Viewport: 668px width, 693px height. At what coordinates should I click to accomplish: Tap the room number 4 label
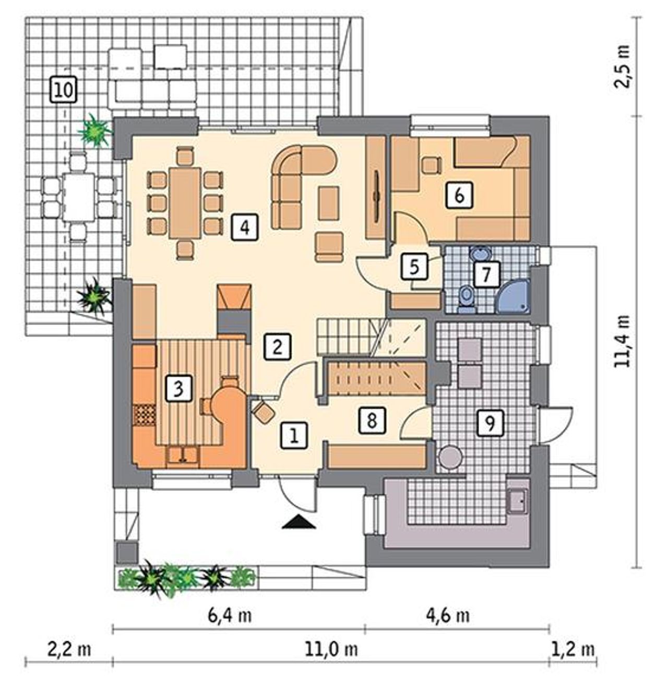(245, 227)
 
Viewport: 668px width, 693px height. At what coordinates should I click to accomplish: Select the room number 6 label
(459, 195)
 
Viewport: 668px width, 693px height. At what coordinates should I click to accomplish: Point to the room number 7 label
(486, 274)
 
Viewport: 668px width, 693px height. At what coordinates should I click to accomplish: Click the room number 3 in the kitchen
(178, 388)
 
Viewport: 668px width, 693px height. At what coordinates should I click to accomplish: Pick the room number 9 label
(491, 423)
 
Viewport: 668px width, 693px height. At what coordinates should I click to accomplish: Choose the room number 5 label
(414, 266)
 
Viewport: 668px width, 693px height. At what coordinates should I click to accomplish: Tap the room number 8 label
(372, 420)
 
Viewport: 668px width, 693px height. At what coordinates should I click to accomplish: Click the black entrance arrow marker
(299, 523)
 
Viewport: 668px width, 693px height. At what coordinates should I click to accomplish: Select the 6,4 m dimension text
(230, 616)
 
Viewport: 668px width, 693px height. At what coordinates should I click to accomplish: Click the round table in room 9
(450, 457)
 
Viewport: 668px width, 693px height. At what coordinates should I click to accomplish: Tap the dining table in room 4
(185, 203)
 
